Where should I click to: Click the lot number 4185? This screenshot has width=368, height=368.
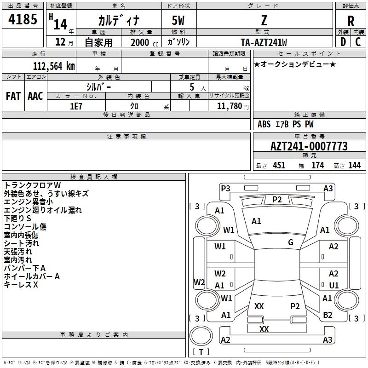[23, 19]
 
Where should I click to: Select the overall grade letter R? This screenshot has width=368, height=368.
[351, 21]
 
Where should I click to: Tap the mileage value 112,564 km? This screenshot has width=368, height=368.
[54, 66]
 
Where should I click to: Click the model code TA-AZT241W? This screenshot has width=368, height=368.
[264, 42]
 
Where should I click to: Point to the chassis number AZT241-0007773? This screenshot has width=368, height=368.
[309, 146]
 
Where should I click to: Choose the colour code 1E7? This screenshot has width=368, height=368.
[76, 106]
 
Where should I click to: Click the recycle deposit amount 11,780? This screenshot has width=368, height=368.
[229, 106]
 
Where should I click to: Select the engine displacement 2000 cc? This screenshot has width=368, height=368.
[144, 42]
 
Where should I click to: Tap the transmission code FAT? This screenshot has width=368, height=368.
[13, 96]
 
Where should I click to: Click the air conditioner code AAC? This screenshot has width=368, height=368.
[35, 96]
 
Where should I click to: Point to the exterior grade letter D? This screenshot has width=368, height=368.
[343, 42]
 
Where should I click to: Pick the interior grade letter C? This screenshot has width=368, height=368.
[358, 42]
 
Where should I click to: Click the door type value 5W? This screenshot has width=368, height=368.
[178, 20]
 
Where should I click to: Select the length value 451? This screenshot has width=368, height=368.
[279, 165]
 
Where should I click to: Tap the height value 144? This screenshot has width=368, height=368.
[354, 165]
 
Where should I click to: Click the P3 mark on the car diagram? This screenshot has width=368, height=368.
[225, 188]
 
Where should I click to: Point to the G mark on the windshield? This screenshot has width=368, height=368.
[291, 242]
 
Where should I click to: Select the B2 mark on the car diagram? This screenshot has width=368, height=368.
[328, 315]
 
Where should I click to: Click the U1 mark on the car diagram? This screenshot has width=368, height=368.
[334, 285]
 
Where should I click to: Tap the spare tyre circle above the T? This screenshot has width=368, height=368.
[201, 336]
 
